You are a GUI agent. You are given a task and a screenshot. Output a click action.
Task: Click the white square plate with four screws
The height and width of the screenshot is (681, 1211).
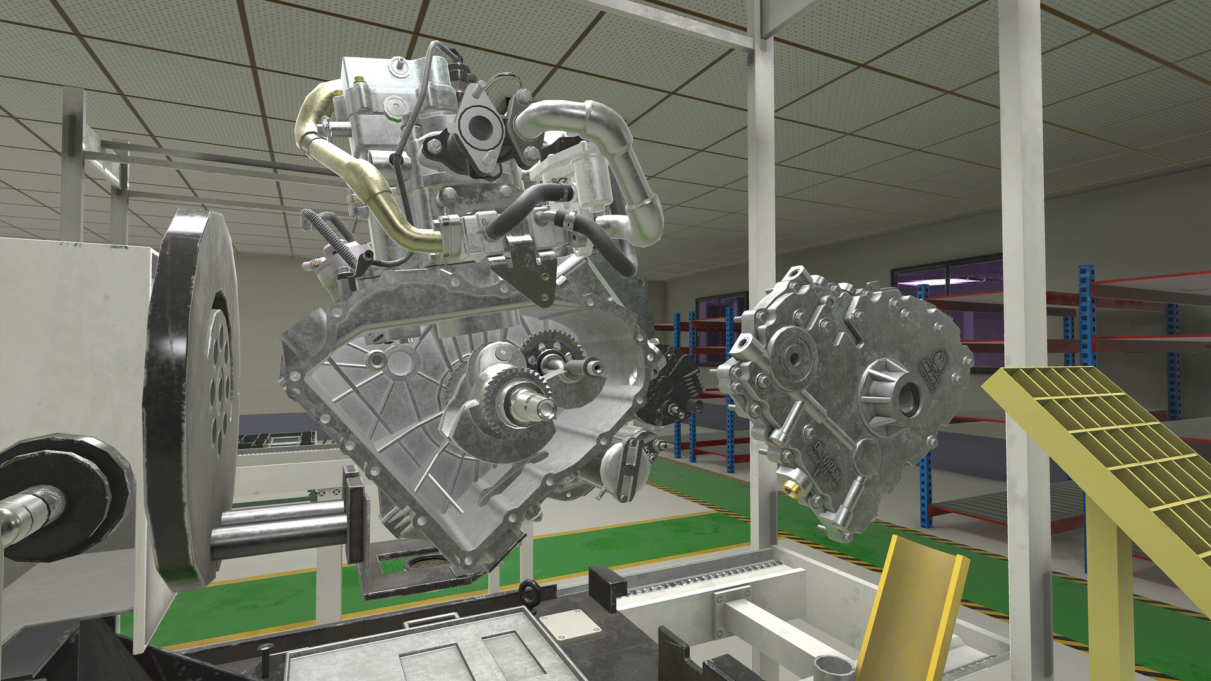(570, 624)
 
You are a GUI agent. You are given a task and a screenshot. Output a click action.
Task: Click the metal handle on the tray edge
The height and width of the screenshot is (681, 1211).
(423, 622)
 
